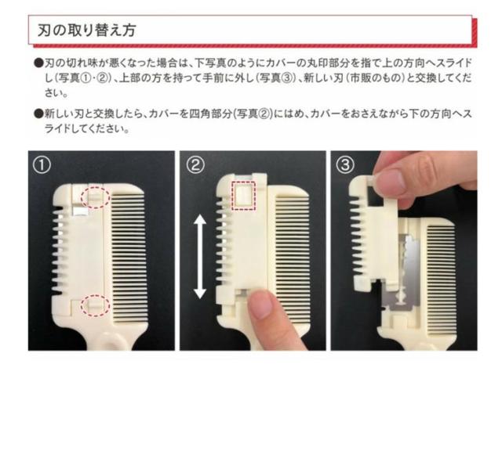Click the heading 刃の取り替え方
87,31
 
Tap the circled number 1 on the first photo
42,165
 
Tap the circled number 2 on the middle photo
195,165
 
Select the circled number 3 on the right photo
345,165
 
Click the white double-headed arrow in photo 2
200,257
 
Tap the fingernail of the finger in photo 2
262,305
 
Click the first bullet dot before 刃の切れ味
38,63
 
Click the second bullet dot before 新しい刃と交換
38,114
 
